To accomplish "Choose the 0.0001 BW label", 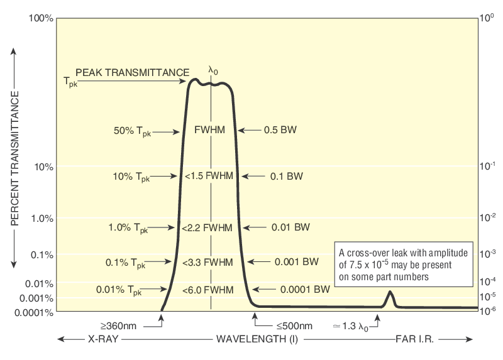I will pos(305,290).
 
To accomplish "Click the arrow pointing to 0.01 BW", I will pos(255,227).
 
